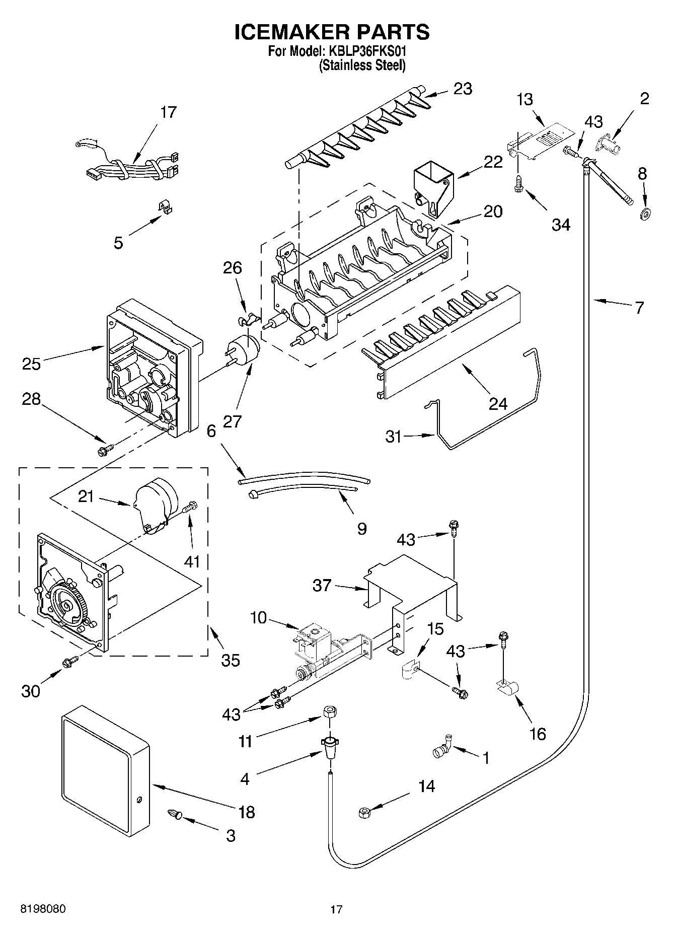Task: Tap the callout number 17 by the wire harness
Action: click(x=168, y=112)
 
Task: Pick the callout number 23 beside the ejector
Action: click(x=463, y=89)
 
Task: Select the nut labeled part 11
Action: click(x=329, y=713)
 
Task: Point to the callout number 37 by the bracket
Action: click(x=322, y=585)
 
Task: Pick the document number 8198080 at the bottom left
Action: click(x=43, y=909)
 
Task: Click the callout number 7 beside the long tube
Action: click(x=639, y=307)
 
